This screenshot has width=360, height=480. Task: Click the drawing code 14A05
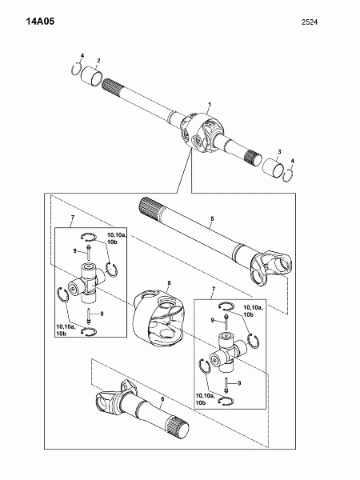point(40,21)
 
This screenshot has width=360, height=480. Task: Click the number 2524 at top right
point(309,22)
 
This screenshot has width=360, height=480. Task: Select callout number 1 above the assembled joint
point(210,104)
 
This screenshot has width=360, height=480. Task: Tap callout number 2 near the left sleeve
point(98,60)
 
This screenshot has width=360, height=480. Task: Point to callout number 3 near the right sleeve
point(279,152)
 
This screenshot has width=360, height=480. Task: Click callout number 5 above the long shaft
point(212,219)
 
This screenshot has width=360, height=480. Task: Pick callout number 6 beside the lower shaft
point(163,399)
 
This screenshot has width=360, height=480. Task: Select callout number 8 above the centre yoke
point(169,283)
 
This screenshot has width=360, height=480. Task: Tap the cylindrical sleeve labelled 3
point(272,167)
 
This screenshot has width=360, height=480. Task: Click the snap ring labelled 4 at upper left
point(76,69)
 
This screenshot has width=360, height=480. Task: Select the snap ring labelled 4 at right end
point(288,176)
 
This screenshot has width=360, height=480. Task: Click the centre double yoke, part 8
point(158,318)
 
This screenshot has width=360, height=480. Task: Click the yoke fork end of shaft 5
point(270,268)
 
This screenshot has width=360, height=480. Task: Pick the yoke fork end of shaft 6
point(114,397)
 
